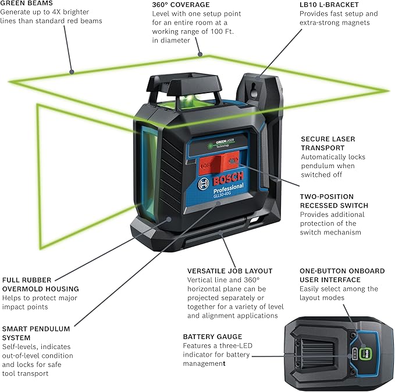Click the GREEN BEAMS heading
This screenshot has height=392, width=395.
pos(30,3)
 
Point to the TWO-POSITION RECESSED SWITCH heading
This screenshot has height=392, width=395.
pos(333,201)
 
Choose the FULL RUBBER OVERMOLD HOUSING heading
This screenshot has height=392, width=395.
pos(41,284)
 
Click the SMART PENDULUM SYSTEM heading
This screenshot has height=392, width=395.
pos(36,333)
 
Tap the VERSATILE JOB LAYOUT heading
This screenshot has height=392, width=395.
pos(230,271)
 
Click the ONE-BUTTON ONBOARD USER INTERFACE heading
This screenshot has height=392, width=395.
pos(342,275)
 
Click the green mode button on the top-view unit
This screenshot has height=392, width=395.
pos(365,353)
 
